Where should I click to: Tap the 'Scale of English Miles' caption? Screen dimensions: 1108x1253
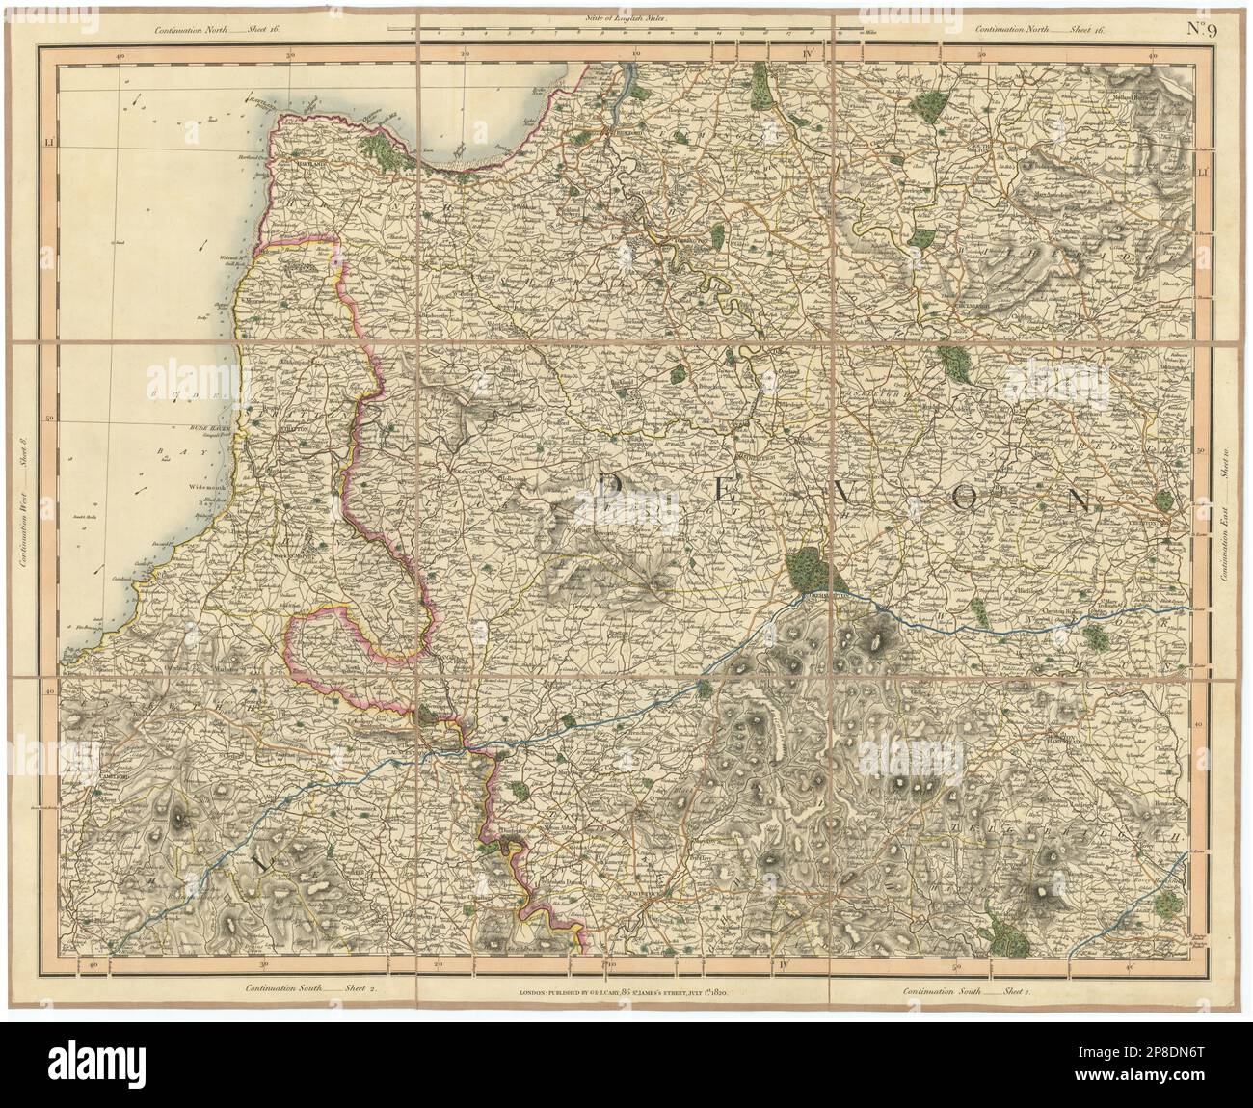point(626,18)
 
